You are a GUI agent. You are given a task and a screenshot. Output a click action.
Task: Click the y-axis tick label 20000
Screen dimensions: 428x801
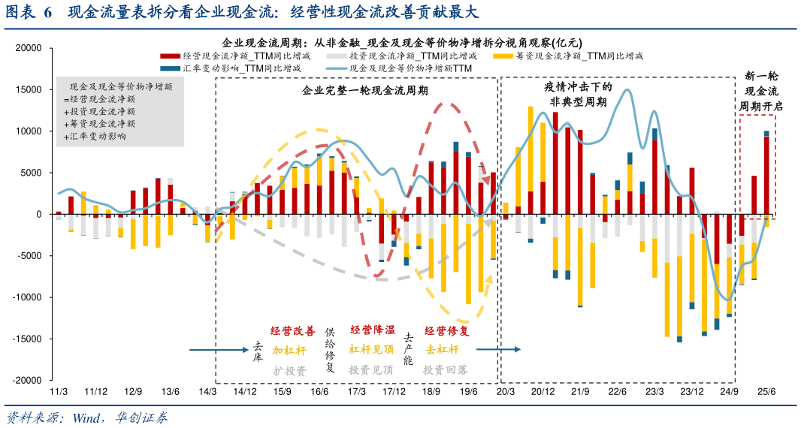pos(29,48)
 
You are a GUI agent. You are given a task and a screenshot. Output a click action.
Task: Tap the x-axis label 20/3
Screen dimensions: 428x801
pos(505,392)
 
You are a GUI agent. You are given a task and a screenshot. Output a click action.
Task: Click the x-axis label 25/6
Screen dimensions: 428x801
pos(766,392)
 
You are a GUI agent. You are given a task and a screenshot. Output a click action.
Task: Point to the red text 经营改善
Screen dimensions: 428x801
pos(293,331)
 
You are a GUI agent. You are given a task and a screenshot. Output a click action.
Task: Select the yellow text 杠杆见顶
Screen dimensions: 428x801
pos(371,349)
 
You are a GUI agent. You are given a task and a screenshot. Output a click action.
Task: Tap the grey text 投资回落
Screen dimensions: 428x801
pos(445,369)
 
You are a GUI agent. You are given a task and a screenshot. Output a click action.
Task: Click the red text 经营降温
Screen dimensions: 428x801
pos(372,330)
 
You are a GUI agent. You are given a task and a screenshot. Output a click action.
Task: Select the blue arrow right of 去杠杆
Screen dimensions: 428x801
pos(497,349)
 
